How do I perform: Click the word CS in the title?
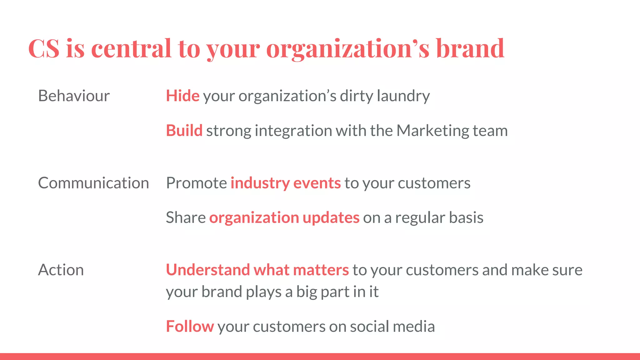click(44, 49)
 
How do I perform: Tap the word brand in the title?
click(470, 49)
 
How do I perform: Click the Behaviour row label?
click(74, 96)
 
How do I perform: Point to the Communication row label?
click(93, 183)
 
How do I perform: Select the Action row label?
click(61, 270)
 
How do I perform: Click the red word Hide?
click(182, 96)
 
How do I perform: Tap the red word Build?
click(184, 131)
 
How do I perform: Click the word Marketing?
click(432, 131)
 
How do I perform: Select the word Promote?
click(196, 183)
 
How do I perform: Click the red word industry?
click(260, 183)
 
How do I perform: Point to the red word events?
click(317, 183)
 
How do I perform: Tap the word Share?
click(186, 217)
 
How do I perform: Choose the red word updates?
click(331, 218)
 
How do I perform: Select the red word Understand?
click(208, 270)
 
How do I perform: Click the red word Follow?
click(190, 326)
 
